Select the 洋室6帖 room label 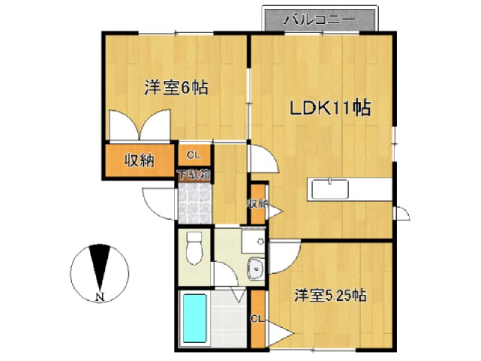tap(177, 87)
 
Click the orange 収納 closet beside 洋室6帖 tap(140, 160)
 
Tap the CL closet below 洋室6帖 tap(193, 156)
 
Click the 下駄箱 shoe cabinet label tap(193, 175)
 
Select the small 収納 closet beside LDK tap(259, 203)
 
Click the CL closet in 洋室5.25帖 tap(258, 319)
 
